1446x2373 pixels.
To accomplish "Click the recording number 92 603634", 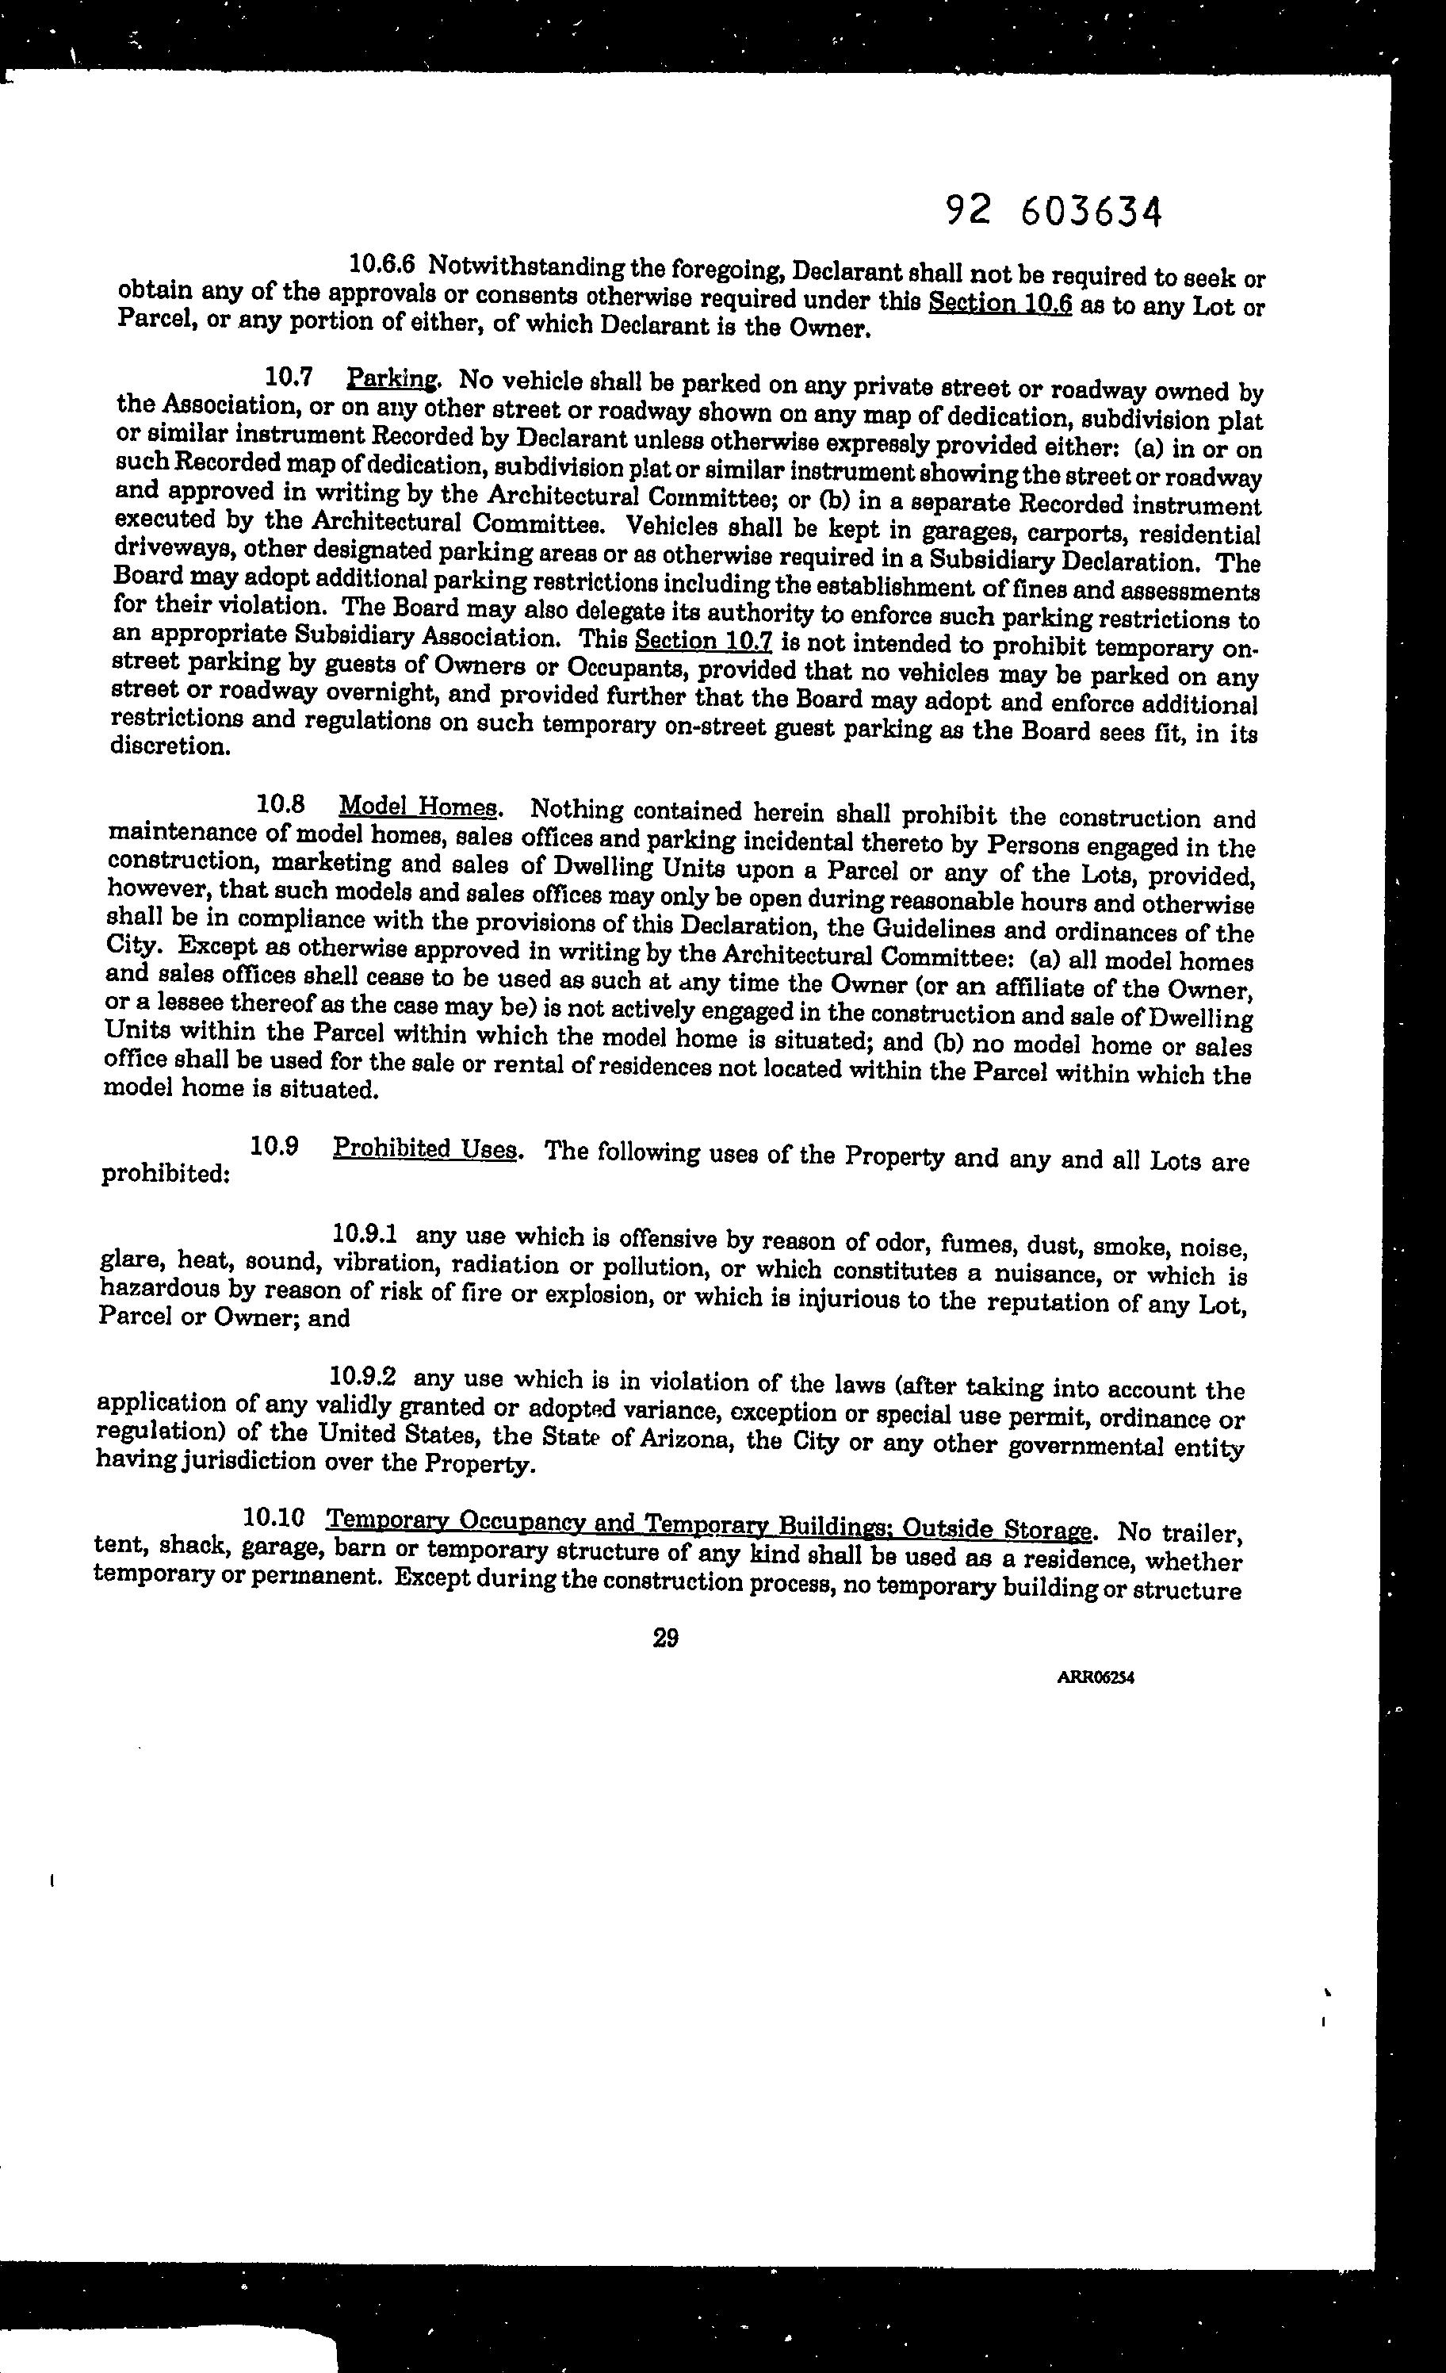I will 1054,211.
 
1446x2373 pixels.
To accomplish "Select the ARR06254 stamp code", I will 1096,1677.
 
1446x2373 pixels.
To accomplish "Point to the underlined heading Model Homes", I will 419,805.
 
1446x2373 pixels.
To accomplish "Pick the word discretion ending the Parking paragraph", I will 170,746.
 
